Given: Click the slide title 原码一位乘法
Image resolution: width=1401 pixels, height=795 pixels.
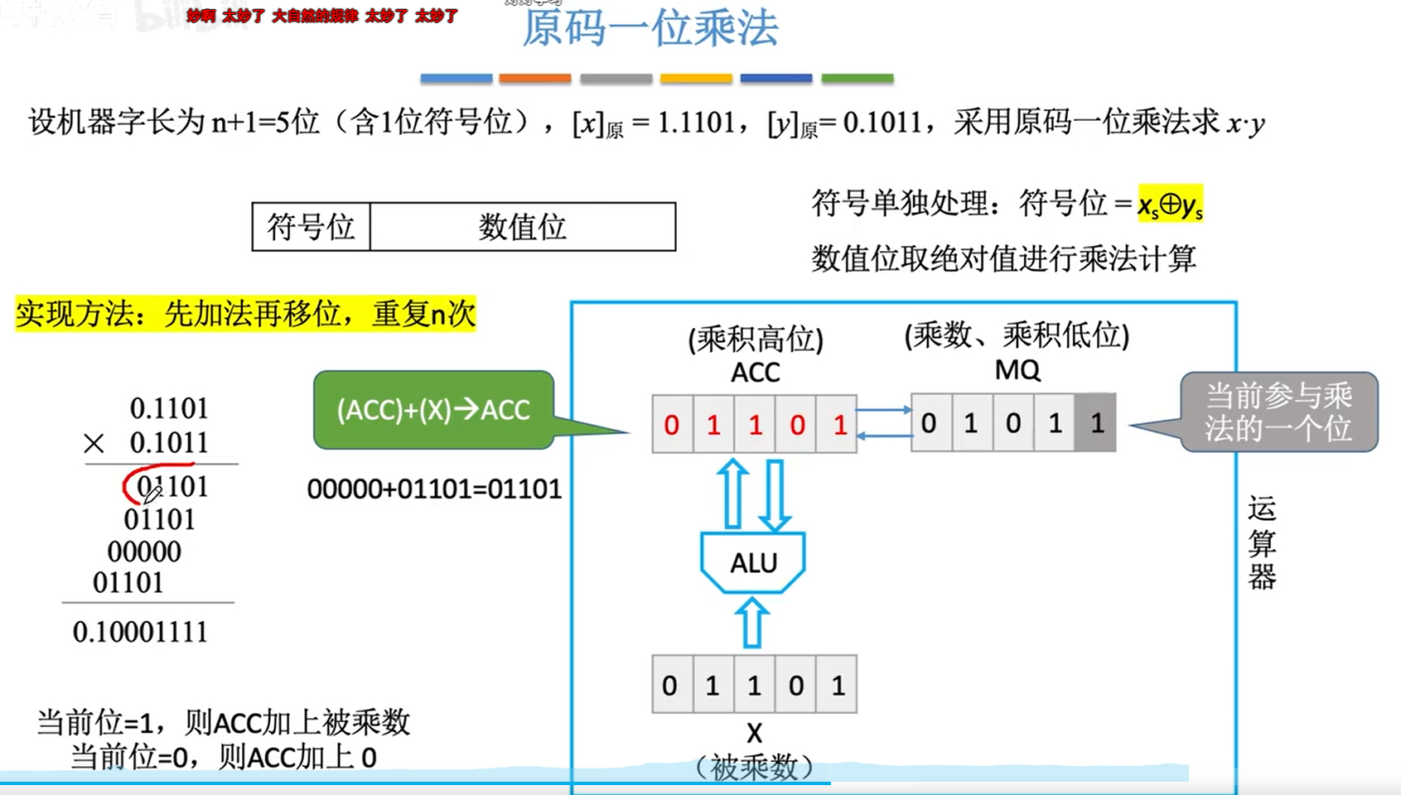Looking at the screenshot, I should (650, 27).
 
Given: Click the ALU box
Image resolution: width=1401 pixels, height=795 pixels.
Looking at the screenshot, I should (753, 563).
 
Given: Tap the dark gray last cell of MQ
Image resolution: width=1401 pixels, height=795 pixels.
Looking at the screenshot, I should (1096, 423).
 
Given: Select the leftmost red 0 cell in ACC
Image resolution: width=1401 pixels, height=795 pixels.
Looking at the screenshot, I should (672, 425).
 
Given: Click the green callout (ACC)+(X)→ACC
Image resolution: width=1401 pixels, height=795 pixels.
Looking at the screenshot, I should (433, 410).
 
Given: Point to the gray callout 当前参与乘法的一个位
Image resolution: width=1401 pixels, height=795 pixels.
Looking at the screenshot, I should (1278, 412).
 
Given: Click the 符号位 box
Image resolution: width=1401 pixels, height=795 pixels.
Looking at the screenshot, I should (311, 227).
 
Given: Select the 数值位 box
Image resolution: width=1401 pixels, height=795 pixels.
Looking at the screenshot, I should (522, 227).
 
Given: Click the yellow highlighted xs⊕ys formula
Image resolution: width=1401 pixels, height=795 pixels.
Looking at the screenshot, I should (1170, 204).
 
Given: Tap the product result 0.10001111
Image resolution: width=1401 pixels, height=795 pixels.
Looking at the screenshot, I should (140, 632).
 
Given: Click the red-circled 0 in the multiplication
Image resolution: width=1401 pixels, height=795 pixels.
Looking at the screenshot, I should (143, 487).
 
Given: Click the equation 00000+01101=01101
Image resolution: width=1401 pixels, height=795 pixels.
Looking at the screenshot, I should (434, 489).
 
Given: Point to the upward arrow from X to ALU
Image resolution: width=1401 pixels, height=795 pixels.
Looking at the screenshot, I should (752, 624).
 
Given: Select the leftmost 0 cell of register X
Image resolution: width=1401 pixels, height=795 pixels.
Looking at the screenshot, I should (670, 685).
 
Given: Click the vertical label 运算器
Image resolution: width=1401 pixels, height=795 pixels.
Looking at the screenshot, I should (1262, 542).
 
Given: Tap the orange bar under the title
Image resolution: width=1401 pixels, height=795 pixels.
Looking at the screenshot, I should (534, 79).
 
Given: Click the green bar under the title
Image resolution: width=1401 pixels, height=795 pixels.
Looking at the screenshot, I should (858, 79).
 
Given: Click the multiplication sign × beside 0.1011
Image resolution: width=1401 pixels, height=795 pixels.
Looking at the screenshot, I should (94, 444).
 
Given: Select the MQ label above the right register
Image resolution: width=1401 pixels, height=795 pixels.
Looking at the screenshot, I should (1017, 369).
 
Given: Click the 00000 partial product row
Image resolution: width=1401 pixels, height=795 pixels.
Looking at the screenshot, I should (144, 552).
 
